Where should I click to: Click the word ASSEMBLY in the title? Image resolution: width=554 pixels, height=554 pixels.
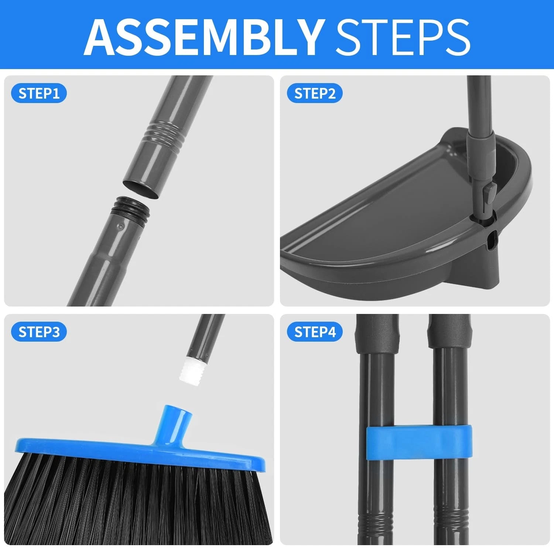pos(203,36)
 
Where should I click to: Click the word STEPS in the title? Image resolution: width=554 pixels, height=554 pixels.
pos(402,36)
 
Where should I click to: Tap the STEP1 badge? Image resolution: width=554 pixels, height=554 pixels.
pos(39,93)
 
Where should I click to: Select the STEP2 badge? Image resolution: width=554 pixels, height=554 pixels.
pos(315,93)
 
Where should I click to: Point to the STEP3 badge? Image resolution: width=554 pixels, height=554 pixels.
pos(39,332)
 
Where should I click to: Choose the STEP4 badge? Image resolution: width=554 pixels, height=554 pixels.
pos(315,332)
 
